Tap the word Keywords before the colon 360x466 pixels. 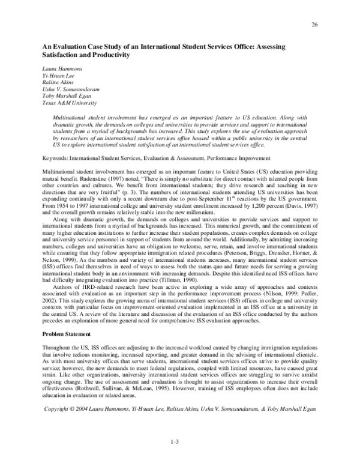[53, 143]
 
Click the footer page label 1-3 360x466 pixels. [176, 442]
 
